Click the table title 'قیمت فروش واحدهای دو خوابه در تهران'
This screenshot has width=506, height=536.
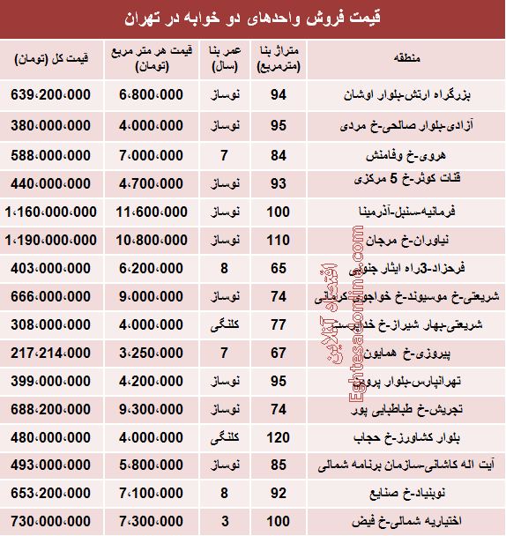[x=252, y=18]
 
